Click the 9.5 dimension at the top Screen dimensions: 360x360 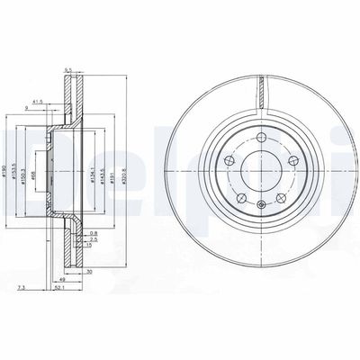[x=70, y=69]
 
